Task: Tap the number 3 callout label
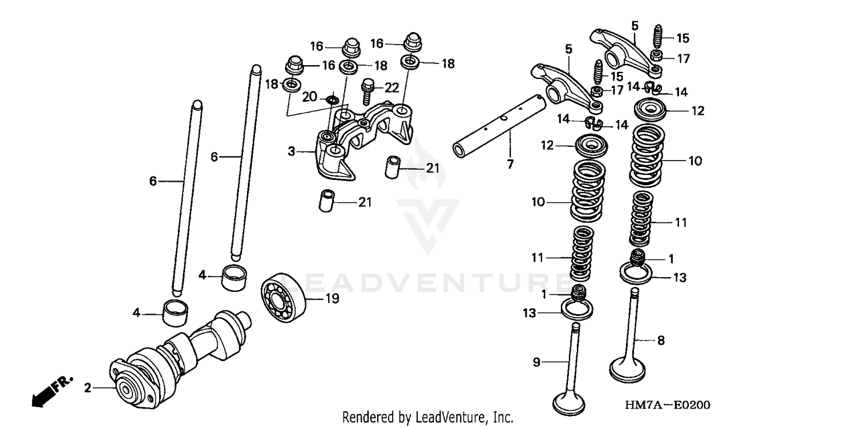pos(291,151)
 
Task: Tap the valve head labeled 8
pos(628,369)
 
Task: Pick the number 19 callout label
pos(332,298)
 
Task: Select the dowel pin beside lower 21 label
pos(325,201)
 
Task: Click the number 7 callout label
pos(510,164)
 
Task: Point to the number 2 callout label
pos(87,389)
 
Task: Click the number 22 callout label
pos(391,87)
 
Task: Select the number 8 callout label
pos(661,341)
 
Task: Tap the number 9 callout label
pos(536,361)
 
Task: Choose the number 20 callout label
pos(309,97)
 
